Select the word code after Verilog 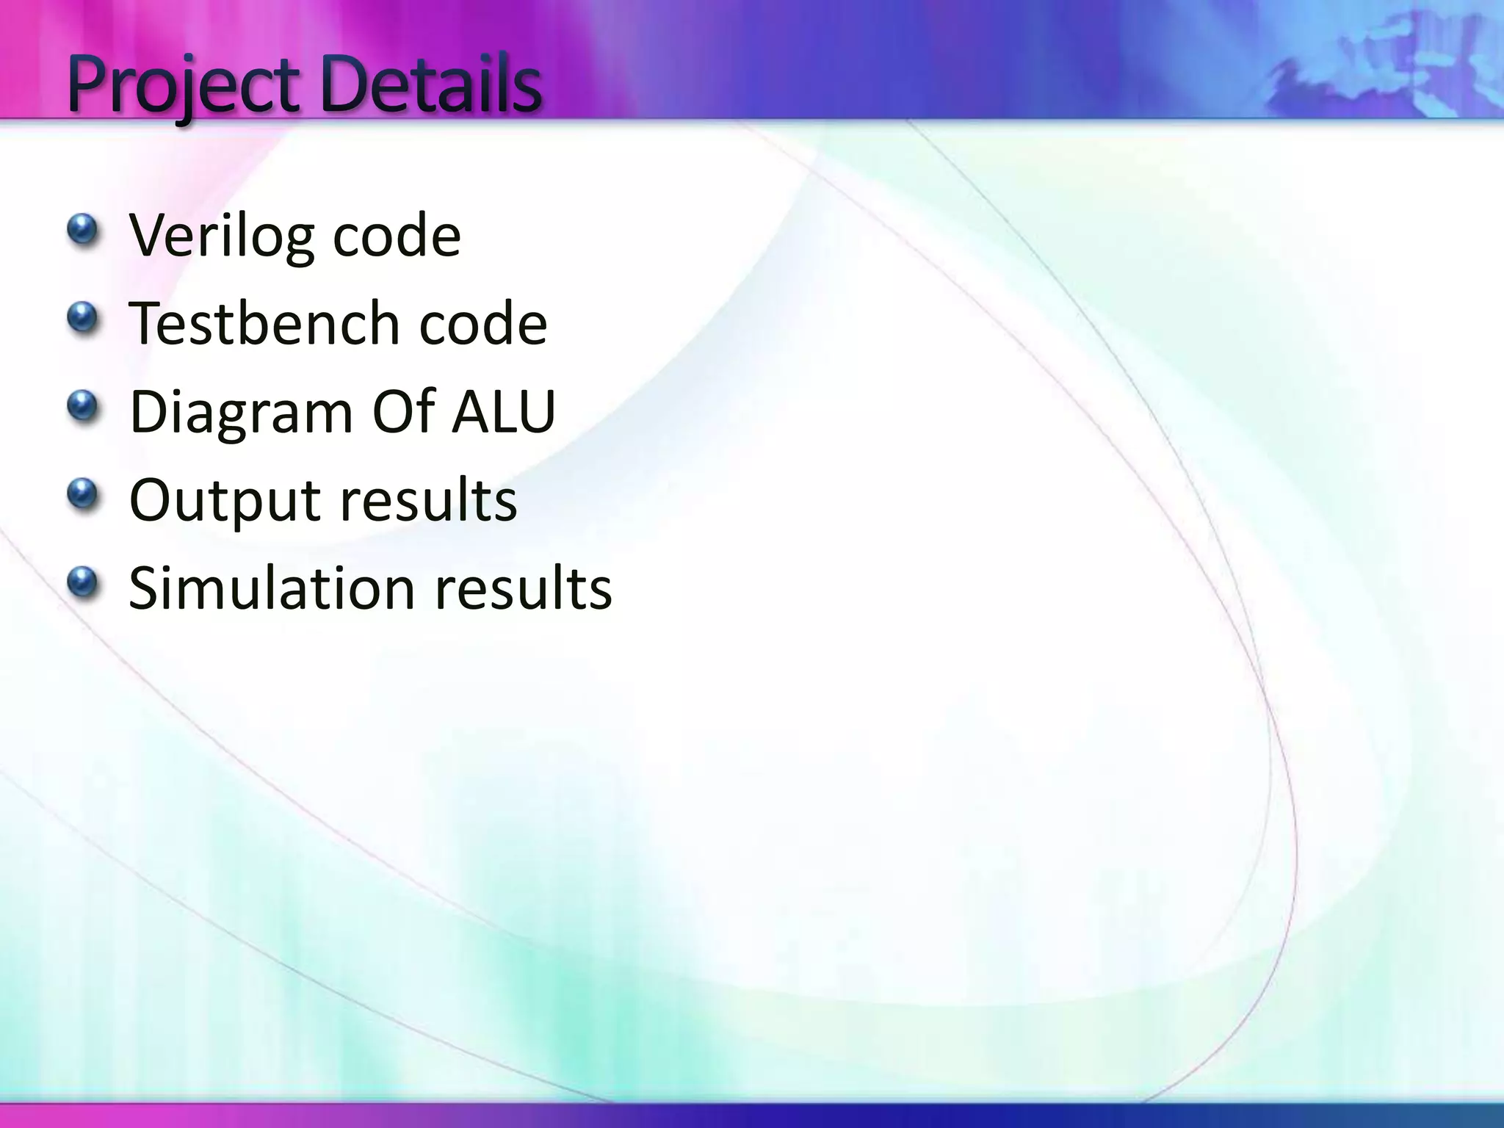(x=397, y=236)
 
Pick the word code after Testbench (x=482, y=325)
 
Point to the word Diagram (x=242, y=413)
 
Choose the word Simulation (x=272, y=588)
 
